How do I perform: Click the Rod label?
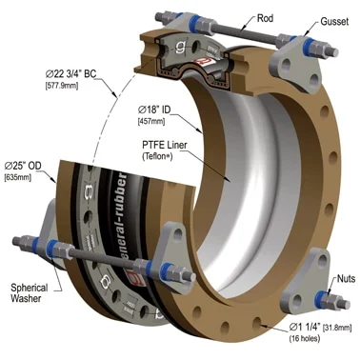pos(265,18)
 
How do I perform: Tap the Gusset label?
pos(334,21)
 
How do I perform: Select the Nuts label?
pos(346,279)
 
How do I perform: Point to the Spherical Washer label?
pos(30,293)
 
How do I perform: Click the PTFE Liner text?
pos(164,145)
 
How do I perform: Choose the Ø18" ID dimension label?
pos(154,110)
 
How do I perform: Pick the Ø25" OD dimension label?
pos(23,166)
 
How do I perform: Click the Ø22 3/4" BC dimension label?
pos(70,74)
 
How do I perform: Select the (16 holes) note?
pos(304,338)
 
